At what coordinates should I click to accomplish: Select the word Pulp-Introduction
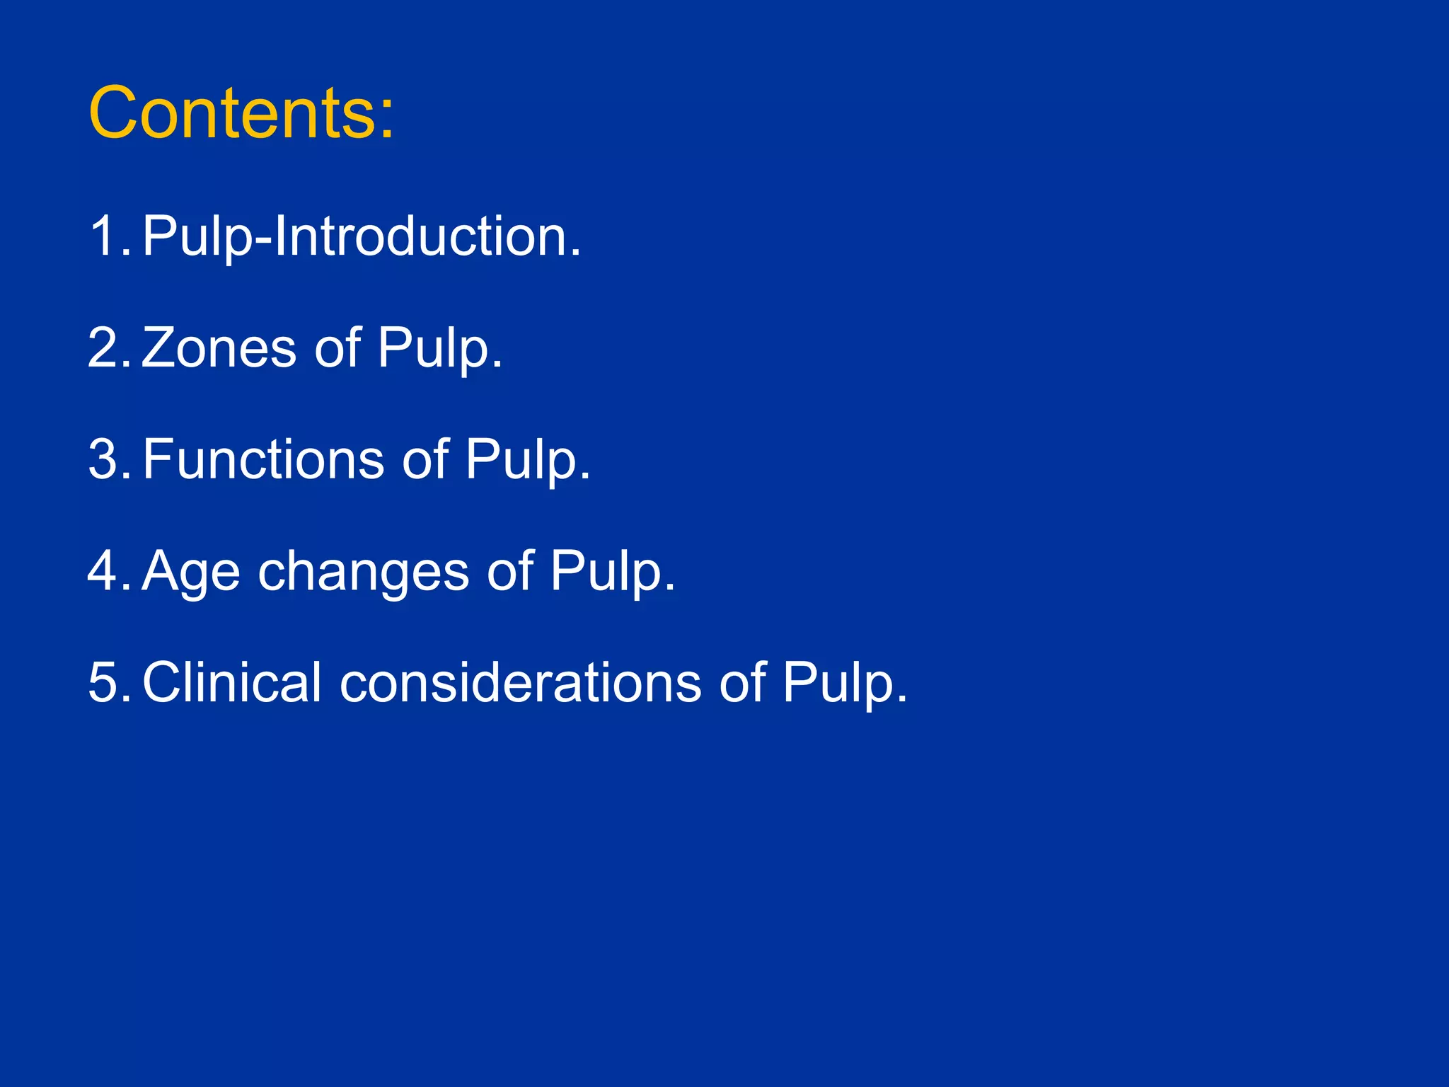click(361, 237)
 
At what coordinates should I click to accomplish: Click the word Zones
click(219, 347)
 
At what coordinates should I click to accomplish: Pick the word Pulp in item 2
click(439, 349)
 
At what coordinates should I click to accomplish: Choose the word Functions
click(262, 459)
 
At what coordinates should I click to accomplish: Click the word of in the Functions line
click(425, 459)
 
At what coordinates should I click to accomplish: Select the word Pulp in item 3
click(527, 461)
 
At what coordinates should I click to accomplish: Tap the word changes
click(363, 572)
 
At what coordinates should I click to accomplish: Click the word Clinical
click(232, 683)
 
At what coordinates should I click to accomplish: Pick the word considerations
click(520, 683)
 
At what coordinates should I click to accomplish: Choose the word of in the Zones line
click(337, 347)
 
